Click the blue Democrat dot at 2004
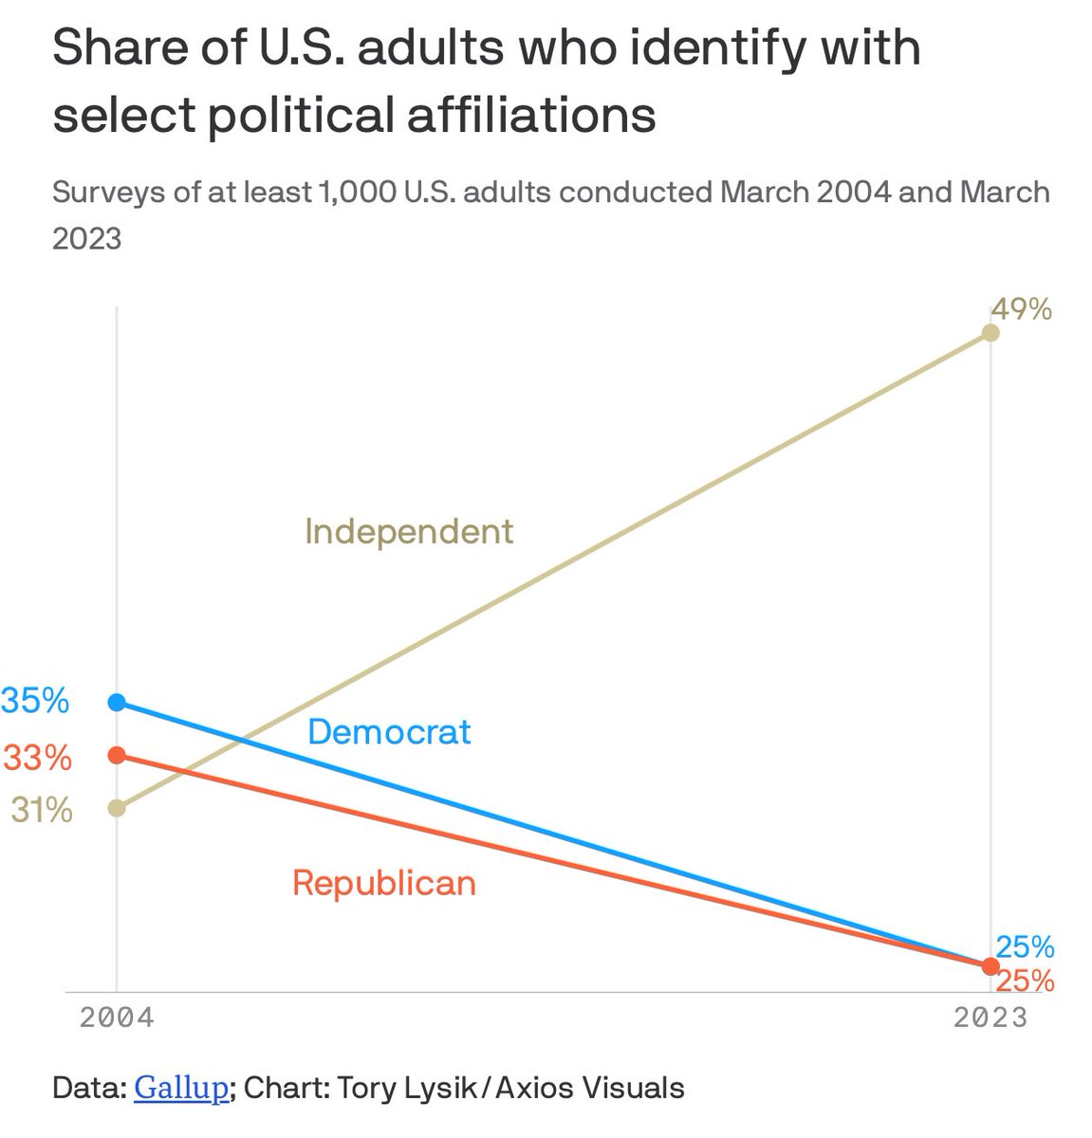(x=117, y=702)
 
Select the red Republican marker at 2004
(x=117, y=755)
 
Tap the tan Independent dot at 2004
(x=117, y=808)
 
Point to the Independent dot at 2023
(x=990, y=333)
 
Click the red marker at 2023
(x=990, y=965)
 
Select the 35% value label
(x=36, y=701)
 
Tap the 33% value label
(x=38, y=758)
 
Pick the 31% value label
(x=42, y=810)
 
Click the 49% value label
(x=1021, y=309)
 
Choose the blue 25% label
(x=1025, y=945)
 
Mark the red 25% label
(x=1025, y=981)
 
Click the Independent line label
(x=409, y=531)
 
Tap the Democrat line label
(x=389, y=732)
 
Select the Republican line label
(x=384, y=883)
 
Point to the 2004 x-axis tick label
(x=117, y=1018)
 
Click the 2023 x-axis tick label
(x=990, y=1018)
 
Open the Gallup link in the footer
(x=180, y=1087)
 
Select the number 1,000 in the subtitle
(x=357, y=193)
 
